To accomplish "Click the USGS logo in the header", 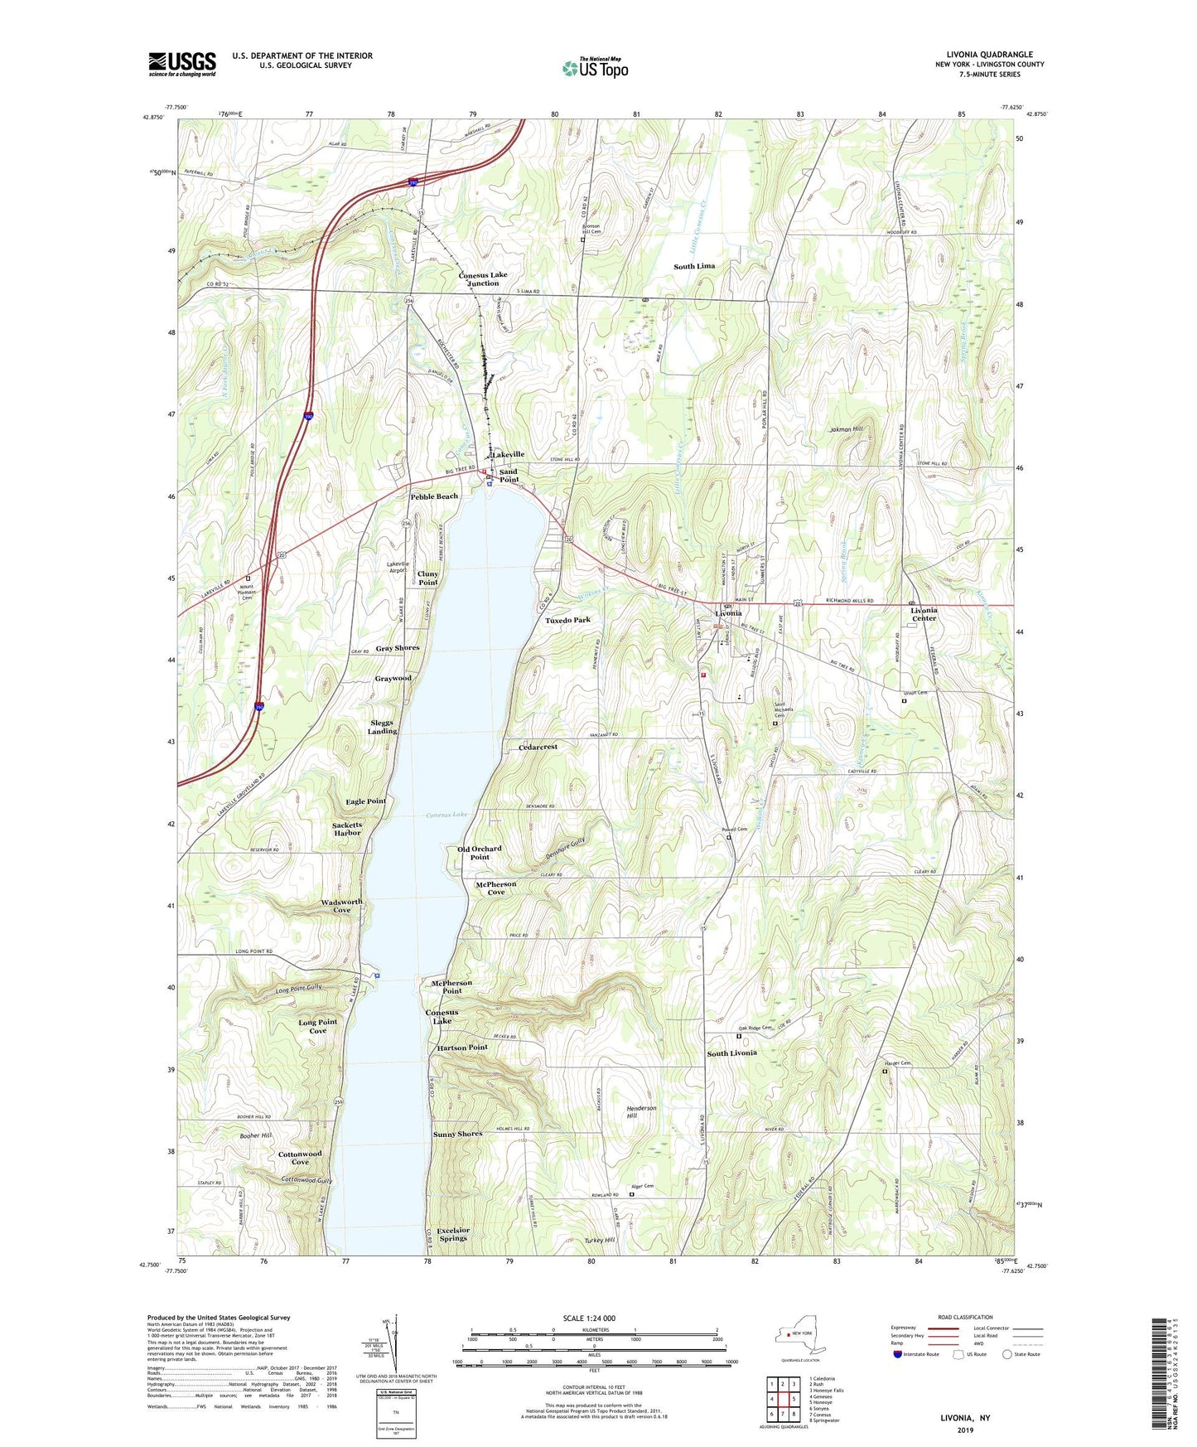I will [x=182, y=64].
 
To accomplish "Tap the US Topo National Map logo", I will [x=595, y=68].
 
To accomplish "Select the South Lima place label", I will [x=693, y=266].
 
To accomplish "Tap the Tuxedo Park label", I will [x=567, y=620].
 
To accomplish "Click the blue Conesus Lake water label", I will [x=446, y=815].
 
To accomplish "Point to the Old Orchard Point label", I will [x=480, y=853].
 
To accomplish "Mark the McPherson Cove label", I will [x=495, y=888].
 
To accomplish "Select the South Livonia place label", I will [x=731, y=1053].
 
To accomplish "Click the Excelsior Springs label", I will [x=453, y=1234].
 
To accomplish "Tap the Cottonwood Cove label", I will [x=299, y=1158].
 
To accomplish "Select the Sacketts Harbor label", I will [x=347, y=829].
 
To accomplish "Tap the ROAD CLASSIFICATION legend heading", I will [x=964, y=1317].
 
